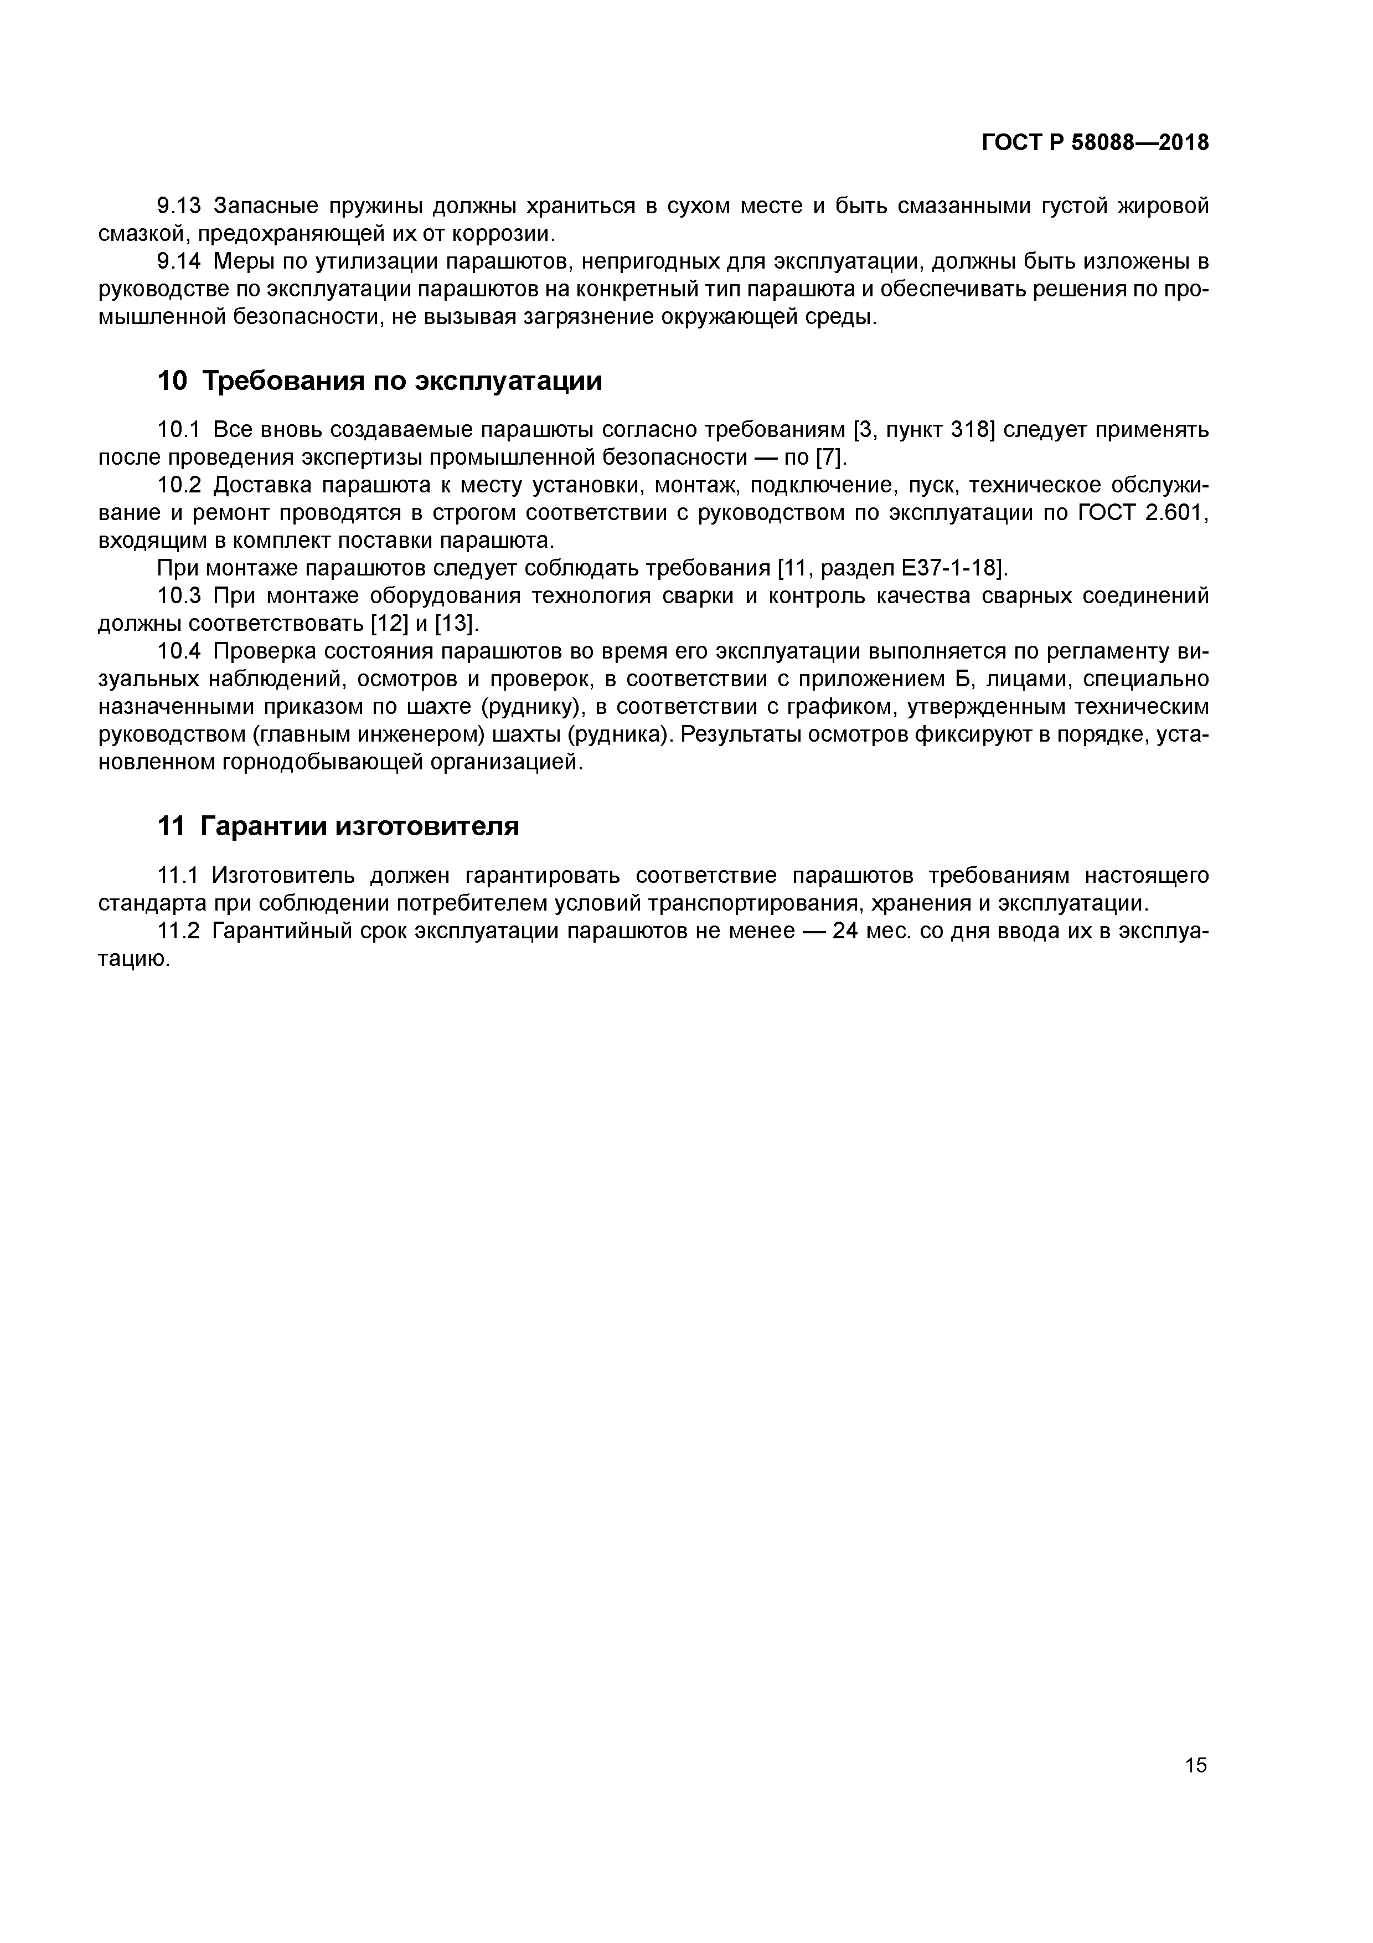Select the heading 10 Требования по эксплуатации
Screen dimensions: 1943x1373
pyautogui.click(x=380, y=381)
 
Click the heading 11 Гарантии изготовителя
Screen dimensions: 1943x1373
pyautogui.click(x=338, y=826)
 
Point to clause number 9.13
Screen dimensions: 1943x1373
pyautogui.click(x=178, y=205)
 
